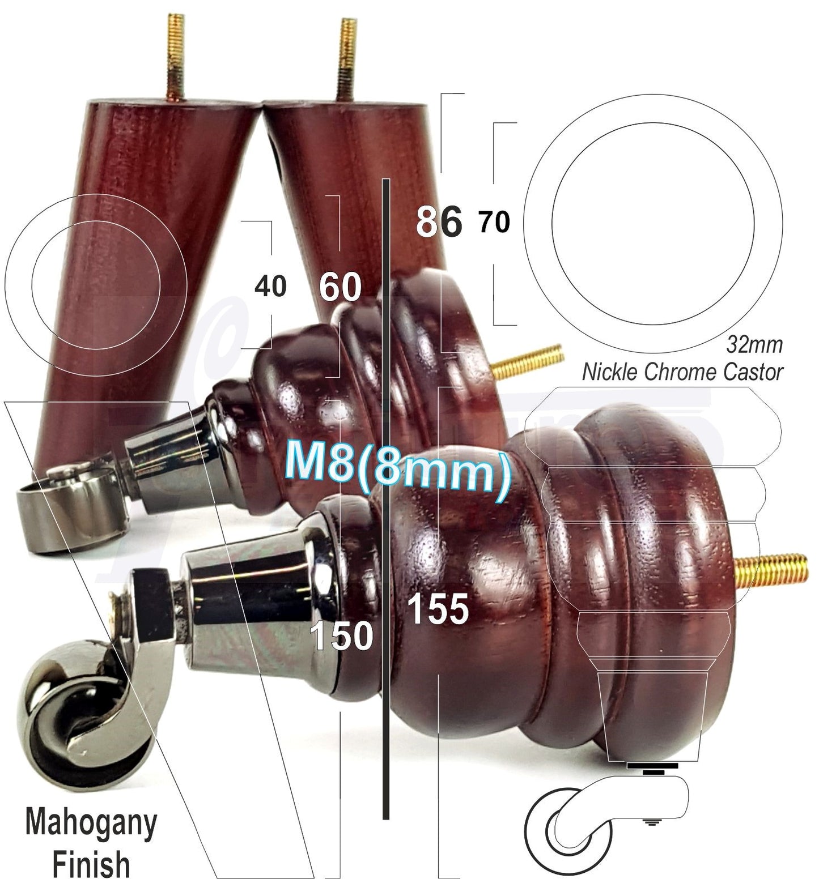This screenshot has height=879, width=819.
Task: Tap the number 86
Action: pos(439,222)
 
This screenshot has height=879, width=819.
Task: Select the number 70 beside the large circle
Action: pos(494,222)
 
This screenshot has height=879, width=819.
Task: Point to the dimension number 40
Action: pos(270,287)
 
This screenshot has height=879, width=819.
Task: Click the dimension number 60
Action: pos(340,287)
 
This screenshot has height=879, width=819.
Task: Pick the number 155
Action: pos(438,610)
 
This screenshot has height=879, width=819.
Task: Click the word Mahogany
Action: pos(91,824)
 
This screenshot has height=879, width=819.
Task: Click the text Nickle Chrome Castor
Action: pos(682,372)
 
